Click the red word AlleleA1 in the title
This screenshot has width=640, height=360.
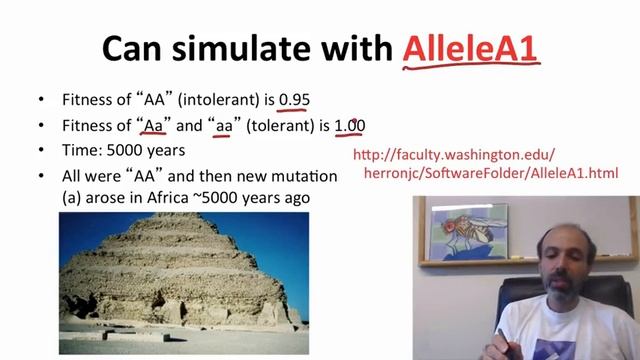[470, 47]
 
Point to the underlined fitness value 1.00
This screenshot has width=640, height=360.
[349, 125]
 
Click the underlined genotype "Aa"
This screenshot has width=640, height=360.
[153, 125]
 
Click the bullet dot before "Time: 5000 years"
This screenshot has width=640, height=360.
[40, 150]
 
